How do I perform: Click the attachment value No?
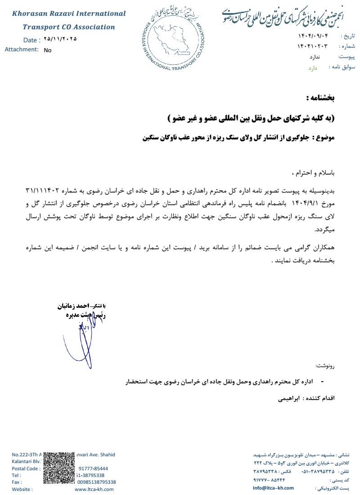tap(48, 50)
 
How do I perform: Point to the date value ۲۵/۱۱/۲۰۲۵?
tap(60, 39)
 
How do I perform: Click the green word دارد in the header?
tap(313, 68)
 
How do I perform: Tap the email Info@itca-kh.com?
tap(273, 488)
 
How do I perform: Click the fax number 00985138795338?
tap(97, 482)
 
